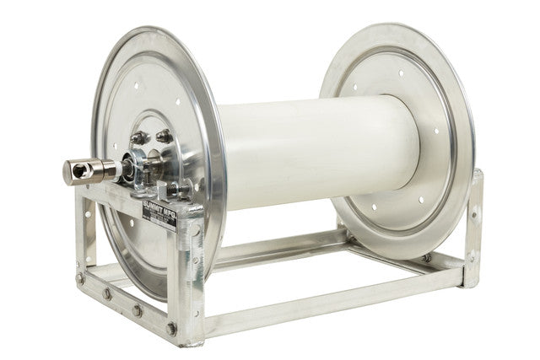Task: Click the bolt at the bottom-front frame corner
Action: point(172,328)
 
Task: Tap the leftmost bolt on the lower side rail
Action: point(81,278)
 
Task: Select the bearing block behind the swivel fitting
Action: point(132,166)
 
